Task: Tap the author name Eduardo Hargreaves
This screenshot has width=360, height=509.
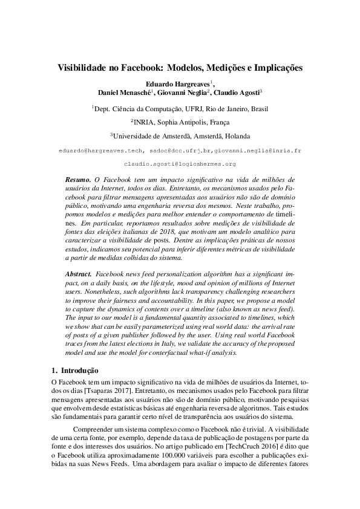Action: pos(177,83)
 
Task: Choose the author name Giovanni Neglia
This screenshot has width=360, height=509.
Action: pos(182,93)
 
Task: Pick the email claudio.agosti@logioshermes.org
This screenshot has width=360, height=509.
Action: pos(180,164)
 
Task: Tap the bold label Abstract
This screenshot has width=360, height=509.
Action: pos(79,274)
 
